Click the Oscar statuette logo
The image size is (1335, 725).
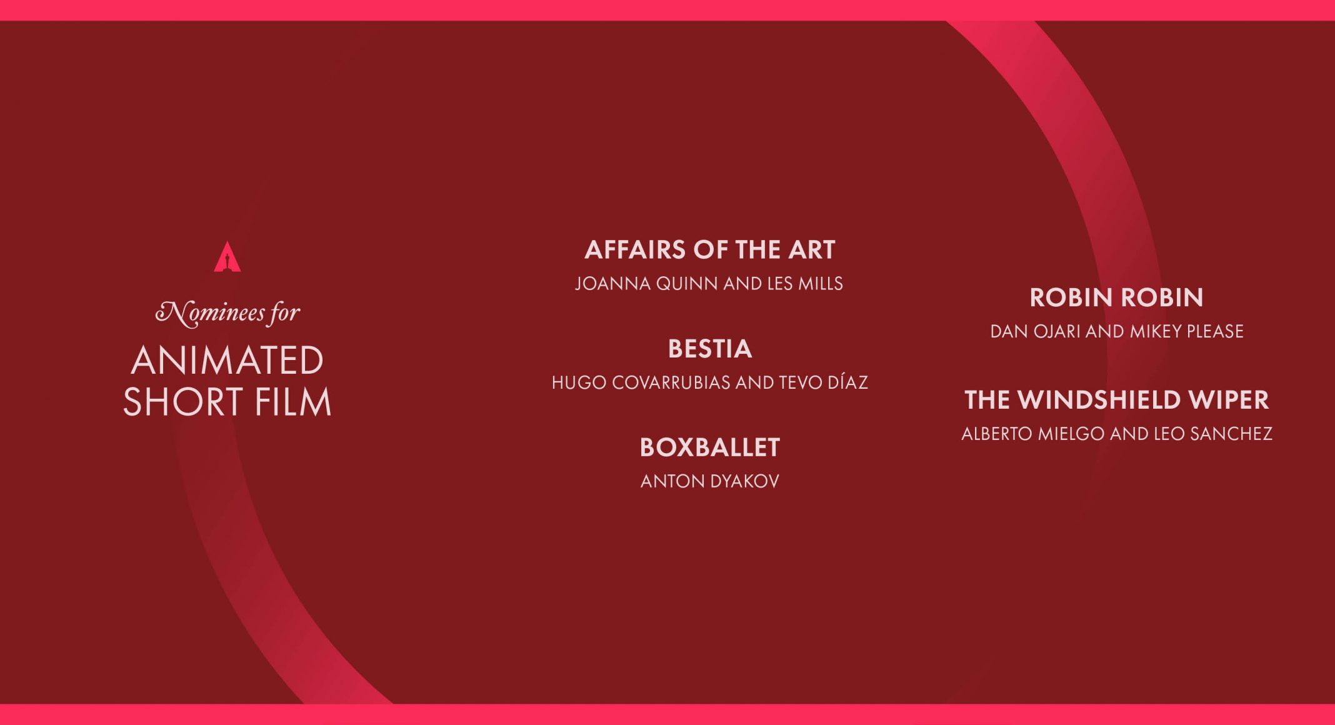[227, 257]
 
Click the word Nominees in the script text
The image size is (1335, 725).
[210, 312]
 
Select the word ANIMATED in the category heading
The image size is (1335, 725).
[227, 361]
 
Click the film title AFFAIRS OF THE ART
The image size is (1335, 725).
[710, 250]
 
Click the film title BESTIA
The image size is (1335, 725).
[710, 349]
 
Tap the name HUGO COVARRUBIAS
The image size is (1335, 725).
[641, 382]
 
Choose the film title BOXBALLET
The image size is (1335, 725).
[710, 447]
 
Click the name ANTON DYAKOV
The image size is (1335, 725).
[710, 481]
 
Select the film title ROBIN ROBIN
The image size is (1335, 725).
[1117, 297]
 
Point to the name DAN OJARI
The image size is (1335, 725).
[1036, 331]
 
